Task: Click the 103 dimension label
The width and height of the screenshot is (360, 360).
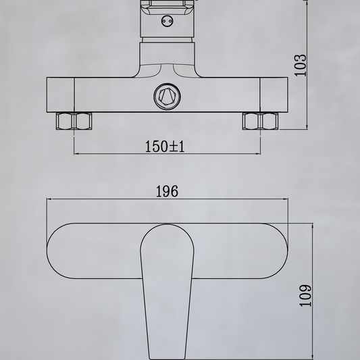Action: point(301,66)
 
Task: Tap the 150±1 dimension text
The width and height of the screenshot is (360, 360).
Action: point(165,147)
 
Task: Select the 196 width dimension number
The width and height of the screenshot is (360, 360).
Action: point(167,191)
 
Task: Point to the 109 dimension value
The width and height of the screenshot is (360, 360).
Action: point(305,295)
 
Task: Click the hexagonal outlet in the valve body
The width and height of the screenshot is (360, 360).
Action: point(167,97)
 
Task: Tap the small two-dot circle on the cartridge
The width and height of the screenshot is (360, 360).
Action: point(167,21)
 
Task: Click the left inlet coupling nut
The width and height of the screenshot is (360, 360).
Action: point(74,121)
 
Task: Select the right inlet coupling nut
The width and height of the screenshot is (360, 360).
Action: point(260,121)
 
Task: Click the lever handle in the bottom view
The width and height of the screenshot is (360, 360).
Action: point(167,292)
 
